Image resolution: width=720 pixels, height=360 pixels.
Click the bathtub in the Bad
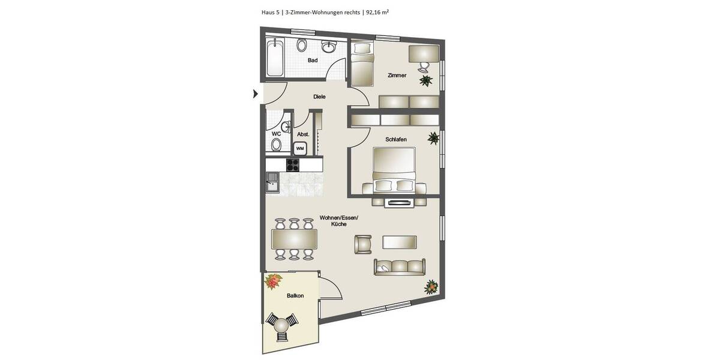pyautogui.click(x=275, y=58)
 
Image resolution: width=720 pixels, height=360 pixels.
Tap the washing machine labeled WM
pyautogui.click(x=300, y=148)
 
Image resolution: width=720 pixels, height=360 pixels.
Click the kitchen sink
pyautogui.click(x=272, y=180)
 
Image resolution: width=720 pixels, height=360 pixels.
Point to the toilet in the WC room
pyautogui.click(x=276, y=144)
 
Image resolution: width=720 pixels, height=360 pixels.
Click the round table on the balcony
pyautogui.click(x=281, y=326)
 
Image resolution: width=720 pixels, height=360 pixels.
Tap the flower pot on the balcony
pyautogui.click(x=274, y=280)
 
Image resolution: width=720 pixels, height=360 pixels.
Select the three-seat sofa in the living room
pyautogui.click(x=399, y=266)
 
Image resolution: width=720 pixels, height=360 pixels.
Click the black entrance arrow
pyautogui.click(x=256, y=94)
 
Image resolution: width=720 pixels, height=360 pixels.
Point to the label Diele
pyautogui.click(x=319, y=97)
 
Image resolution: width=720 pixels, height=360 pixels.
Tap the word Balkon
pyautogui.click(x=295, y=296)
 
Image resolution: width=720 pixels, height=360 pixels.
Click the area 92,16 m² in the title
pyautogui.click(x=377, y=11)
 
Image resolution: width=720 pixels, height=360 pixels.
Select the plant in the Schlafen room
pyautogui.click(x=433, y=139)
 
